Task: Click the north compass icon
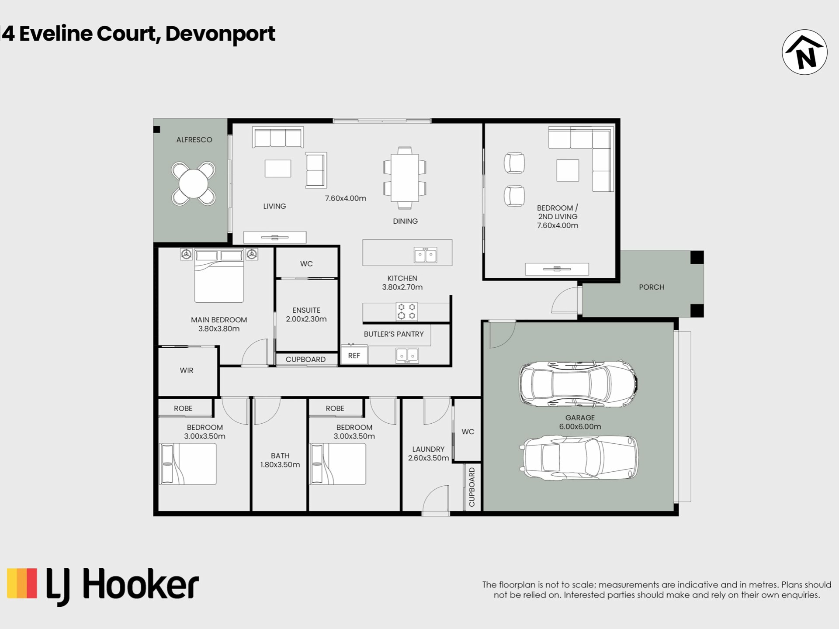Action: tap(804, 52)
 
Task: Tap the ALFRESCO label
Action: tap(194, 140)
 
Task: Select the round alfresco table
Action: tap(194, 183)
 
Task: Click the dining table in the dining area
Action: tap(405, 177)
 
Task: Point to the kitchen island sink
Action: tap(425, 255)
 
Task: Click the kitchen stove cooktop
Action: tap(406, 312)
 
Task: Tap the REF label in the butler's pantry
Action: tap(354, 356)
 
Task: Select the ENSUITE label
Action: tap(306, 310)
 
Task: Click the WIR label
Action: tap(187, 370)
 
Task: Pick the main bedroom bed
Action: tap(219, 276)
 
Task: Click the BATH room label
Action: tap(280, 456)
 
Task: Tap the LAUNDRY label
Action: tap(428, 449)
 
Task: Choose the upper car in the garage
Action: tap(578, 384)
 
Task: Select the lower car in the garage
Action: tap(579, 458)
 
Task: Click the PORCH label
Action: tap(652, 287)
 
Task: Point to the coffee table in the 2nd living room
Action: tap(568, 170)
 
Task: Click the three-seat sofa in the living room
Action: tap(278, 137)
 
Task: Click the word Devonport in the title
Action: tap(220, 34)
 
